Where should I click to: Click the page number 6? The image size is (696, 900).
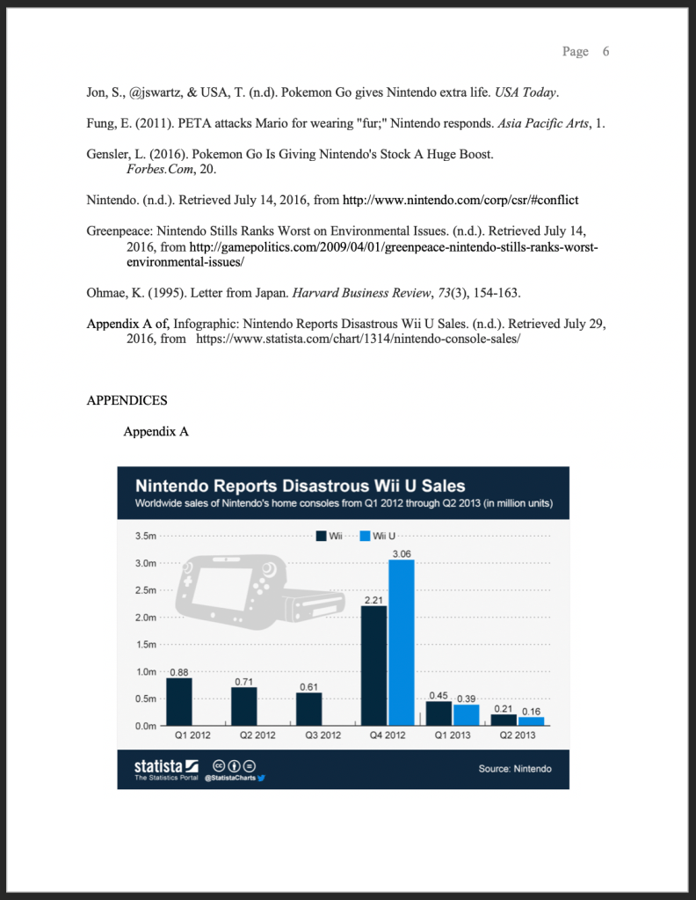(605, 52)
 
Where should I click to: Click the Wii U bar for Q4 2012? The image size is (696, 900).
(402, 641)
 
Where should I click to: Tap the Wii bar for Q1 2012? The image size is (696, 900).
(179, 701)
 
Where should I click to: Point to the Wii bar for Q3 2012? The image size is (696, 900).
(308, 709)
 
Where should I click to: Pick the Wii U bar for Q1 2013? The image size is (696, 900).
(466, 714)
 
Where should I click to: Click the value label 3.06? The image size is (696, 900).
(402, 553)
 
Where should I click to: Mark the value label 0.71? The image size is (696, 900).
(244, 681)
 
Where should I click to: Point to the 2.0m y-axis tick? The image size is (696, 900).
(146, 618)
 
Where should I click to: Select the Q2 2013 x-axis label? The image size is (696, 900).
(517, 735)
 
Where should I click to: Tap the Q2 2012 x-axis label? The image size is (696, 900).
(257, 735)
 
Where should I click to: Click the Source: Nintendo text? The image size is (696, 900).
(515, 769)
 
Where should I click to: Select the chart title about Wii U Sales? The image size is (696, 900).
(300, 486)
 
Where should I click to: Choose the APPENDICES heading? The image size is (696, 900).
(127, 401)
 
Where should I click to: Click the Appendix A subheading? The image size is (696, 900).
(156, 432)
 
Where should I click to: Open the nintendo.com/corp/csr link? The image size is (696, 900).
(460, 200)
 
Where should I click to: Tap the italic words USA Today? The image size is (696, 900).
(526, 92)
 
